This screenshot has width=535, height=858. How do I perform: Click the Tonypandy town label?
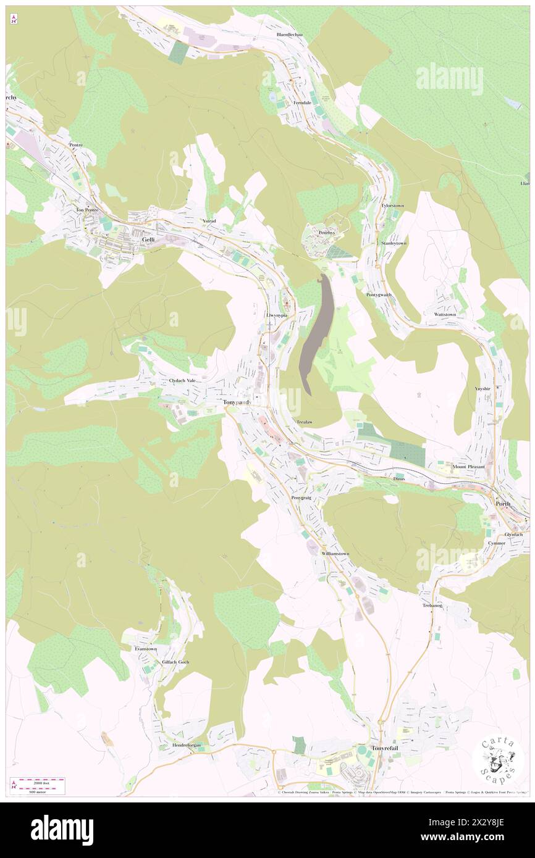tap(237, 402)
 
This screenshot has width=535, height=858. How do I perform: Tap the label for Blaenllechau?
tap(290, 35)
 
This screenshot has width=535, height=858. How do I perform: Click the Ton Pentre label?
tap(88, 209)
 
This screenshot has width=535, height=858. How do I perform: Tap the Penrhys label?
tap(326, 233)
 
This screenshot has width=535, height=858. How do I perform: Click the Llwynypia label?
tap(277, 315)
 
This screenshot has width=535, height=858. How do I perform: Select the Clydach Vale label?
tap(182, 381)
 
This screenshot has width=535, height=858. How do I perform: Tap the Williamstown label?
tap(335, 554)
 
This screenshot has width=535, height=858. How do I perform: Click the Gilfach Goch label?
tap(175, 662)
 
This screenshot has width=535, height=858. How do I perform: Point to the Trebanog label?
tap(433, 606)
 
